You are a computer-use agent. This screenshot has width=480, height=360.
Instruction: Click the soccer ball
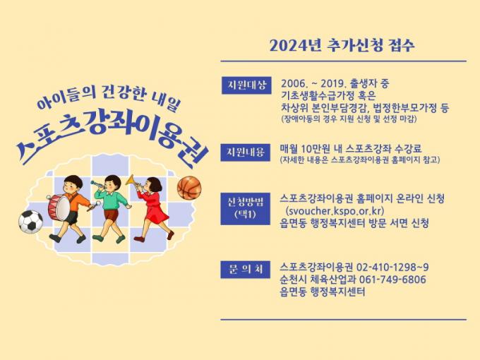(30, 222)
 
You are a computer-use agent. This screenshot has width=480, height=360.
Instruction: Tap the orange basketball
(189, 188)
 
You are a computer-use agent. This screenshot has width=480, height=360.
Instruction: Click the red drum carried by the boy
(59, 208)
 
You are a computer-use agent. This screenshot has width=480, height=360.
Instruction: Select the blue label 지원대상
(246, 85)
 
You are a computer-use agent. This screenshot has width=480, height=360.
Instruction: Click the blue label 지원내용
(246, 152)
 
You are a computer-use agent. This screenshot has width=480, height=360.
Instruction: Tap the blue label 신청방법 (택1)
(246, 209)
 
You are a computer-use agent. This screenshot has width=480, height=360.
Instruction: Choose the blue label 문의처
(246, 270)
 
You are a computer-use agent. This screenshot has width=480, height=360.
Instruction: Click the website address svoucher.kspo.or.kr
(335, 211)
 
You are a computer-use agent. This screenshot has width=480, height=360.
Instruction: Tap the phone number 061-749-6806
(392, 280)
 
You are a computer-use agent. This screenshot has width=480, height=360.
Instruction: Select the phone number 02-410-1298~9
(392, 268)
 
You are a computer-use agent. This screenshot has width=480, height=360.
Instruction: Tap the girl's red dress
(155, 208)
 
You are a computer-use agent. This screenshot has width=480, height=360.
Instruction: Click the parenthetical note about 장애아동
(349, 119)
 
